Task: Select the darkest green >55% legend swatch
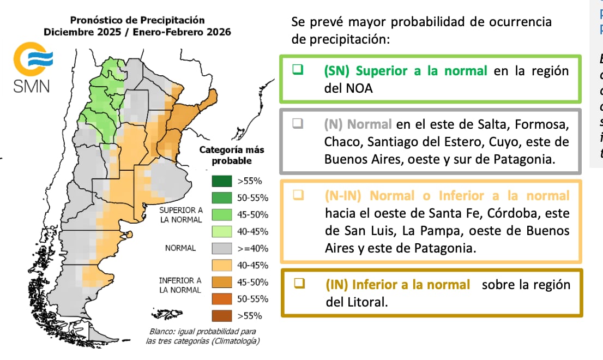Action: pyautogui.click(x=222, y=181)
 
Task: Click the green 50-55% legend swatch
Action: pyautogui.click(x=222, y=198)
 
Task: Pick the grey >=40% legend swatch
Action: pyautogui.click(x=222, y=248)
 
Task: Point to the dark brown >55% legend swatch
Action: pyautogui.click(x=222, y=316)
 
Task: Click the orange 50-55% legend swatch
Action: pyautogui.click(x=222, y=299)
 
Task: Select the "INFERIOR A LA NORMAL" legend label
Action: pyautogui.click(x=180, y=285)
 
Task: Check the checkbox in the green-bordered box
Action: pyautogui.click(x=298, y=71)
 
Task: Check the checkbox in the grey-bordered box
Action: pyautogui.click(x=298, y=124)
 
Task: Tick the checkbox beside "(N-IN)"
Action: pyautogui.click(x=298, y=195)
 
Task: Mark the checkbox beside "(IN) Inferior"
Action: pyautogui.click(x=298, y=284)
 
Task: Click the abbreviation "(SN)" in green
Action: pyautogui.click(x=336, y=71)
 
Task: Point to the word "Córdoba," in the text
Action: pyautogui.click(x=507, y=212)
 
